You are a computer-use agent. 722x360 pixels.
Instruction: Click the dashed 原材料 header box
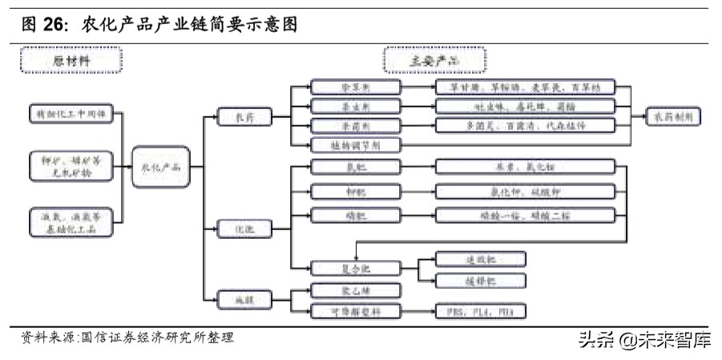click(x=71, y=61)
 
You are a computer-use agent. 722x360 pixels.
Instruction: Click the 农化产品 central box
click(x=160, y=168)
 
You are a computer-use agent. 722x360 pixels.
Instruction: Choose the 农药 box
click(x=243, y=116)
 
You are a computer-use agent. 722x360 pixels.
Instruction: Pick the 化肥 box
click(x=243, y=230)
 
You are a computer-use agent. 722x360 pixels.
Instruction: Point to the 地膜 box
click(x=243, y=300)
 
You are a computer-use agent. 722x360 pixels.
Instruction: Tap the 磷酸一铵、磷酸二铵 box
click(x=525, y=214)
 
